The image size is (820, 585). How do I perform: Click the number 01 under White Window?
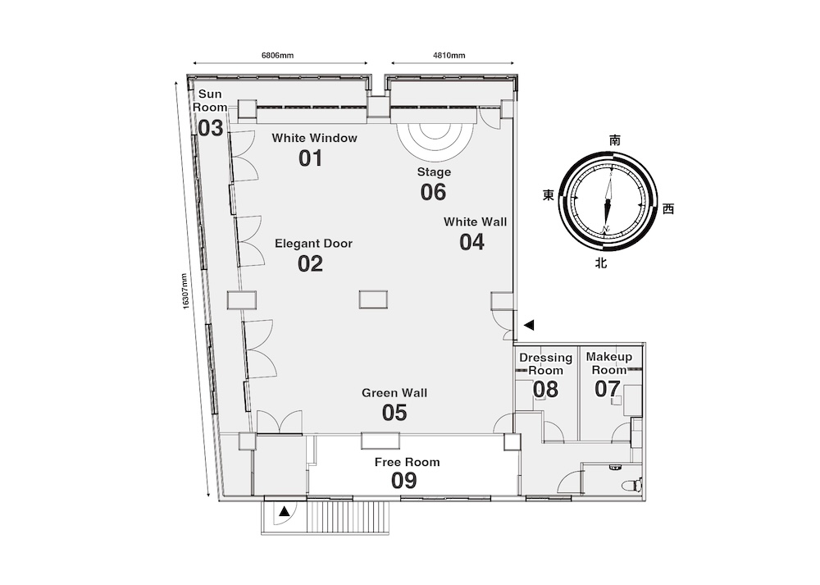click(x=310, y=158)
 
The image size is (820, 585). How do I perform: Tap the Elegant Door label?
click(x=313, y=244)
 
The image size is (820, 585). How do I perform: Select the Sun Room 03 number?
click(x=210, y=128)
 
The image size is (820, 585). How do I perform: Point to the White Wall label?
click(x=475, y=222)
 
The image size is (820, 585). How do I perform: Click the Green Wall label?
click(x=394, y=393)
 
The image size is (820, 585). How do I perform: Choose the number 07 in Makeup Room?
click(x=607, y=389)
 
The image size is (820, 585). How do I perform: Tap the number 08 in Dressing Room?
click(x=545, y=389)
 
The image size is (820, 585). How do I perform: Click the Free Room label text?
click(x=407, y=462)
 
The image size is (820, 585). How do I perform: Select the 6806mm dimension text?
click(x=277, y=55)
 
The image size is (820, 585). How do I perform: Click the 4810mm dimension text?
click(x=449, y=55)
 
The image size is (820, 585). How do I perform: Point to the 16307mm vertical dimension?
click(x=185, y=291)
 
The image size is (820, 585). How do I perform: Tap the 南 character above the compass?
click(x=615, y=140)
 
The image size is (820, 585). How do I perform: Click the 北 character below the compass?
click(x=601, y=263)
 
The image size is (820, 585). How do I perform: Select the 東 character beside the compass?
click(x=548, y=195)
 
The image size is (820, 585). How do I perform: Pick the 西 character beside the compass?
click(x=668, y=208)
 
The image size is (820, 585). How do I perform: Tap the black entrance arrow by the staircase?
click(x=284, y=511)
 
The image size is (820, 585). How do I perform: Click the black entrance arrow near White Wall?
click(x=529, y=325)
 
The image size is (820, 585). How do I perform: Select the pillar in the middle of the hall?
click(x=373, y=299)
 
